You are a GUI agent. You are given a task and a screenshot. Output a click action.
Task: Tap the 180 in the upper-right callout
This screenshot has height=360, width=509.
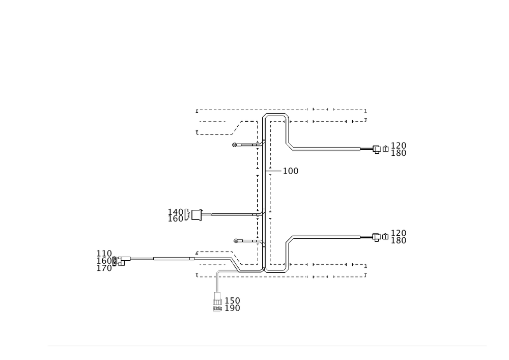click(399, 153)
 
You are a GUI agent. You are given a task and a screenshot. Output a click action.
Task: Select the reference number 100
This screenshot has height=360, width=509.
click(291, 172)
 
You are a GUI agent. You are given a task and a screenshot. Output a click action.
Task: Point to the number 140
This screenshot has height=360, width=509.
click(176, 211)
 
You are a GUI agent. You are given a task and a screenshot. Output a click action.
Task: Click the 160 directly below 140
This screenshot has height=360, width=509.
click(176, 218)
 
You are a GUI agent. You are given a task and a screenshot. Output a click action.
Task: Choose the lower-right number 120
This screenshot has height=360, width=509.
click(399, 233)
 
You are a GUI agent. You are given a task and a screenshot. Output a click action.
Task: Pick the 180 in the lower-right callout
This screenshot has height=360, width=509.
click(399, 240)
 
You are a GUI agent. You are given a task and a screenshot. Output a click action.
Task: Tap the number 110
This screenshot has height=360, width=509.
click(104, 253)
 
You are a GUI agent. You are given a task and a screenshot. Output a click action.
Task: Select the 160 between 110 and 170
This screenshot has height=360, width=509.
click(104, 260)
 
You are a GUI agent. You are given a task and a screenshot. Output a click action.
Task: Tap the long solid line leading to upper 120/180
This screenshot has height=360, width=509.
click(326, 149)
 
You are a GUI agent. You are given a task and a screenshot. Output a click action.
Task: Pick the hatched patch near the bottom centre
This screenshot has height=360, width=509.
click(235, 263)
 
